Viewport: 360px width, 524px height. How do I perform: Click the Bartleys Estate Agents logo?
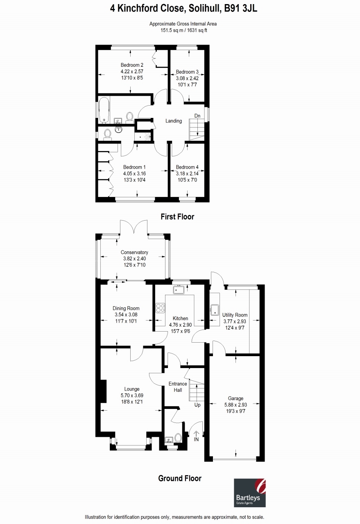(x=250, y=493)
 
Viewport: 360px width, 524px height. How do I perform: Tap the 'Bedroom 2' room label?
(x=132, y=65)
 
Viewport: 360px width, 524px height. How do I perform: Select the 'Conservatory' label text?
(x=134, y=253)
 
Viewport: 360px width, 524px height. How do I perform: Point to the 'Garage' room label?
(x=235, y=398)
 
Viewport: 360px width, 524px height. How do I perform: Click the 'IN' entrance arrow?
(x=196, y=434)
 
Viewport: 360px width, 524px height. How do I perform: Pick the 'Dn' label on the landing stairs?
(x=197, y=116)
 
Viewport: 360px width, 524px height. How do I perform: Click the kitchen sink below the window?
(x=179, y=290)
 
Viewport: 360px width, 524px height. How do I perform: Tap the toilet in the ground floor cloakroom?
(x=178, y=438)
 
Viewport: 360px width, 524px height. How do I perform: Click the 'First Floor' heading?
(x=177, y=217)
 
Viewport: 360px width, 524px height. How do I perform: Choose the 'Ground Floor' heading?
(x=180, y=478)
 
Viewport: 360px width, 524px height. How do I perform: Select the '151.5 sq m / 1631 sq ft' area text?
(x=183, y=30)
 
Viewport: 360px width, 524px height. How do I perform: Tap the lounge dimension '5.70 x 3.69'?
(x=132, y=395)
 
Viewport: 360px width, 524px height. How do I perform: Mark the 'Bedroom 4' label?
(x=187, y=167)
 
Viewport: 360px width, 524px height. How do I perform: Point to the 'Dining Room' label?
(x=126, y=308)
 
